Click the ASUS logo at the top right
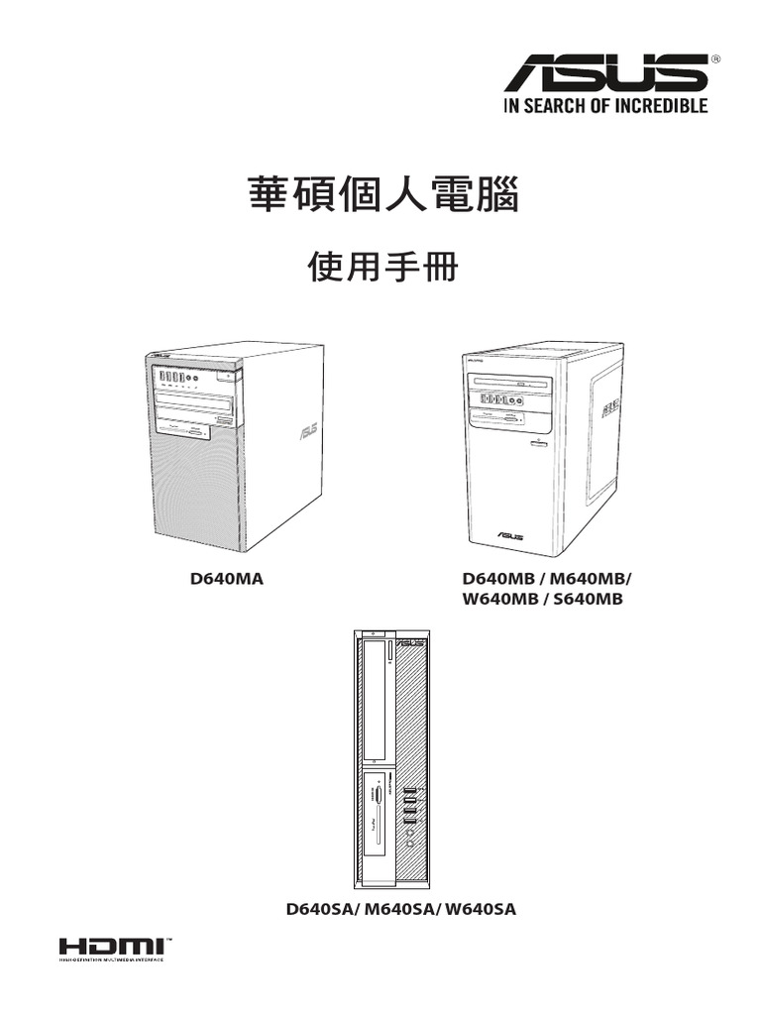coord(606,74)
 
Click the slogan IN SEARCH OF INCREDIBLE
coord(606,105)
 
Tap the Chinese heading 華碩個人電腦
coord(381,194)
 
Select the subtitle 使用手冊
coord(381,266)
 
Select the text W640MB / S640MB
coord(541,599)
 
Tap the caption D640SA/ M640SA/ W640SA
coord(400,908)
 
